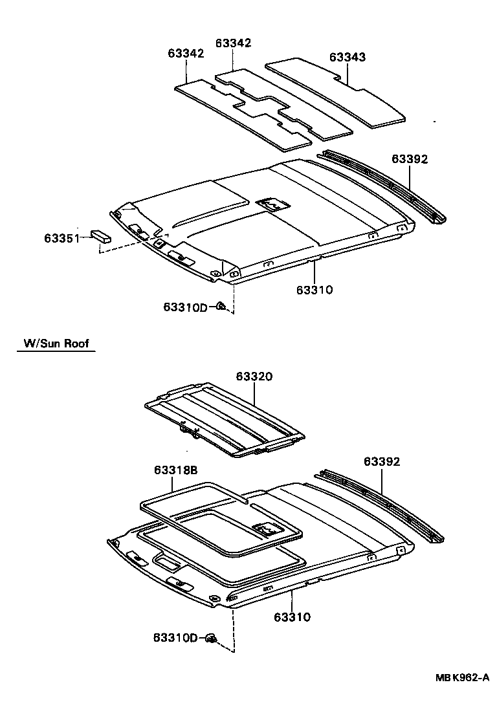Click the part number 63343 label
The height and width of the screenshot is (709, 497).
point(348,57)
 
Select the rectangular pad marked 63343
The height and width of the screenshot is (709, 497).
point(337,94)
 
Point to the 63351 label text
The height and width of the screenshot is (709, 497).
point(61,239)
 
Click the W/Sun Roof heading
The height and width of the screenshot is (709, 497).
point(56,344)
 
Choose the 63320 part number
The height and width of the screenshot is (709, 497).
point(254,376)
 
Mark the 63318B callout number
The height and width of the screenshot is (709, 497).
point(175,470)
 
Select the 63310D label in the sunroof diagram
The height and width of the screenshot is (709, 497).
point(175,638)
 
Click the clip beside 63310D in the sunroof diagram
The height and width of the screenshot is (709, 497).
point(210,639)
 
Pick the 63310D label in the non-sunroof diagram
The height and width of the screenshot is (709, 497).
point(184,307)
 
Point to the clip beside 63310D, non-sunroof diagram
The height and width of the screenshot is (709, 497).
point(220,307)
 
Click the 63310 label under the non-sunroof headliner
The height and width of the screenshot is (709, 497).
point(315,290)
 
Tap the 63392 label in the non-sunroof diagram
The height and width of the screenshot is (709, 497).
point(410,159)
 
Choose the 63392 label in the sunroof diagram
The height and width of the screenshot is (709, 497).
point(382,461)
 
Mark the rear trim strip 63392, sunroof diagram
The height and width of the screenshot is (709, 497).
point(382,505)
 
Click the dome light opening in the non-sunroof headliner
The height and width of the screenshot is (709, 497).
point(272,204)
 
